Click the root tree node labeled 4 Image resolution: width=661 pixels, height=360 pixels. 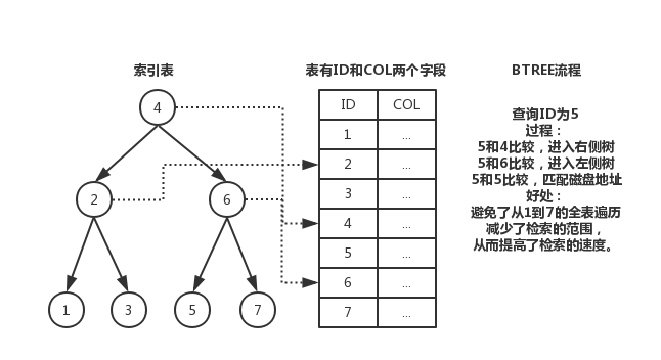click(x=157, y=108)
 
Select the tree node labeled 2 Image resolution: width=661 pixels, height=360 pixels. click(x=94, y=199)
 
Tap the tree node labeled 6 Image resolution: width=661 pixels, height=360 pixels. click(x=227, y=199)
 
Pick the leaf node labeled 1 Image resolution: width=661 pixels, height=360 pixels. click(x=66, y=310)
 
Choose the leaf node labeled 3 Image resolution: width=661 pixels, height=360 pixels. click(x=128, y=310)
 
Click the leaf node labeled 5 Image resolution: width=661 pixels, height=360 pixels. click(x=192, y=310)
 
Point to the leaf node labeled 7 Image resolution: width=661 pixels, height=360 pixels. click(x=257, y=310)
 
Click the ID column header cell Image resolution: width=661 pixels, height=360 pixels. click(x=348, y=105)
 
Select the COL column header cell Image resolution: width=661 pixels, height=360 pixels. click(x=406, y=105)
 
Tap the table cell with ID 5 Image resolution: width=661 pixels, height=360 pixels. click(x=348, y=253)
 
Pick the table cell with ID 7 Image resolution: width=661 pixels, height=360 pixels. click(x=348, y=312)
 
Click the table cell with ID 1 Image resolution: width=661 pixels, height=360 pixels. click(x=348, y=134)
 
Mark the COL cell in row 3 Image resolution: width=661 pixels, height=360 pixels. click(x=406, y=194)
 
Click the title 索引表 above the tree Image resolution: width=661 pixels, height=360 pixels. click(x=153, y=71)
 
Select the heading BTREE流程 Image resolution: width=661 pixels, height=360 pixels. click(x=546, y=71)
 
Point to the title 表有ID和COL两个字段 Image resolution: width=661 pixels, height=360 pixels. click(x=376, y=71)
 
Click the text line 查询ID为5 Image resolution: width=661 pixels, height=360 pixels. click(x=545, y=114)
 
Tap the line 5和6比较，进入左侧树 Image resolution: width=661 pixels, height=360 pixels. click(x=545, y=163)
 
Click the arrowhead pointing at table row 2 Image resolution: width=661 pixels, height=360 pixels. click(x=310, y=164)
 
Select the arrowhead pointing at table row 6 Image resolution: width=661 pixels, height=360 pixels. click(x=310, y=282)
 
